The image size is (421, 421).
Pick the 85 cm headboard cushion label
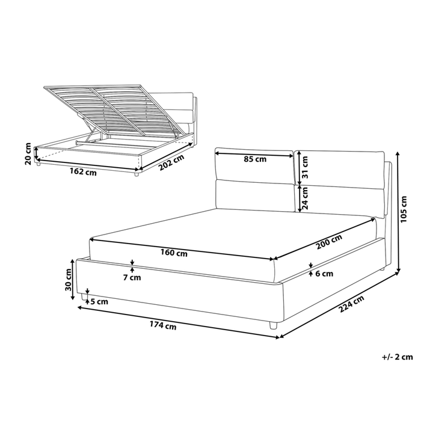point(256,159)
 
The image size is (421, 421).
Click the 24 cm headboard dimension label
point(305,195)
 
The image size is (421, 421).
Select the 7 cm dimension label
point(132,277)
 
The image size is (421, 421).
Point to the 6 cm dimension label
point(324,274)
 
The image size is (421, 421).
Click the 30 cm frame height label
point(69,278)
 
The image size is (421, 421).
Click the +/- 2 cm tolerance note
point(398,357)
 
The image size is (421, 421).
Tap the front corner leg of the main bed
point(274,325)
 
